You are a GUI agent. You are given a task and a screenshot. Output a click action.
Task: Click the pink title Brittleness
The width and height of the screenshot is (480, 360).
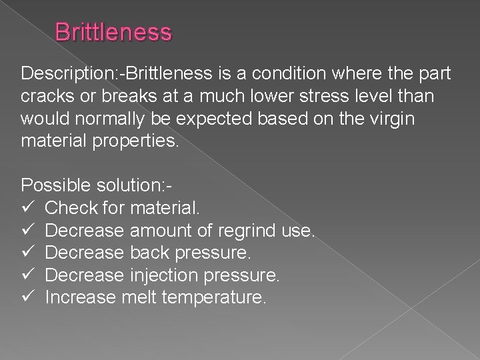pos(113,31)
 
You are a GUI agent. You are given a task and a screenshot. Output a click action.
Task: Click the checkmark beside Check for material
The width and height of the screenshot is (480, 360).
pos(27,209)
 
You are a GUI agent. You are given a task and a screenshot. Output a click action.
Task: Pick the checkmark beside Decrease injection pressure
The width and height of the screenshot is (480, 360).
pos(27,275)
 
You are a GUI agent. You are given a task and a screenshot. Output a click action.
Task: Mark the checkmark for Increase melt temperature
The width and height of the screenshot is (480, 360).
pos(27,297)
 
